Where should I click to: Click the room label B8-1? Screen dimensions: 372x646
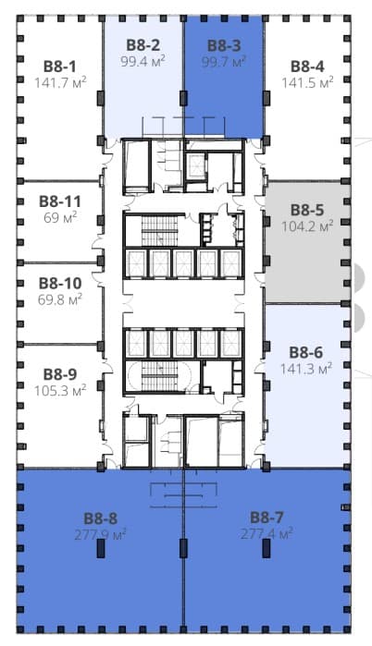pos(60,67)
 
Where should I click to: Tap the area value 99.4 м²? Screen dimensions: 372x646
pos(143,61)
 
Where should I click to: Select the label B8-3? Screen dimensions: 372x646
pos(224,45)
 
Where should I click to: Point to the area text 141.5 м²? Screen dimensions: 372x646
pos(307,82)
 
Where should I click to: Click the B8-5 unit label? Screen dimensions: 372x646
pos(307,210)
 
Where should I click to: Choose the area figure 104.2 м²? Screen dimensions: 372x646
pos(307,225)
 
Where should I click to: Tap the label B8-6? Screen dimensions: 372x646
pos(306,353)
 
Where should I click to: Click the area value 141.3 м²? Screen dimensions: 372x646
pos(306,369)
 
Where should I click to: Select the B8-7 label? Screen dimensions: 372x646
pos(267,518)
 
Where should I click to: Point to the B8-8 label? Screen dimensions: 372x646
pos(101,518)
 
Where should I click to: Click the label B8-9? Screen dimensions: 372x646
pos(60,374)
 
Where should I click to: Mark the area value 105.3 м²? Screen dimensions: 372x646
pos(60,390)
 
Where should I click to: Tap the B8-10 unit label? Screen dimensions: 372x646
pos(60,284)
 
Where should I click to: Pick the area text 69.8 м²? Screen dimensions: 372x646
pos(60,299)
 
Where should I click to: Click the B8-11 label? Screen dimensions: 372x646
pos(60,201)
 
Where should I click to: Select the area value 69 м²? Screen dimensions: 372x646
pos(61,217)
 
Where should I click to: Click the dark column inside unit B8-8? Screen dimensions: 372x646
pos(101,548)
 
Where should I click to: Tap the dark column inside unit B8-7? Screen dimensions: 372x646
pos(267,548)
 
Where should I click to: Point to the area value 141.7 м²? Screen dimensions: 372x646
pos(60,82)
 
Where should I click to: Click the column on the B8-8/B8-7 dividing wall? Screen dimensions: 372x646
pos(183,548)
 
